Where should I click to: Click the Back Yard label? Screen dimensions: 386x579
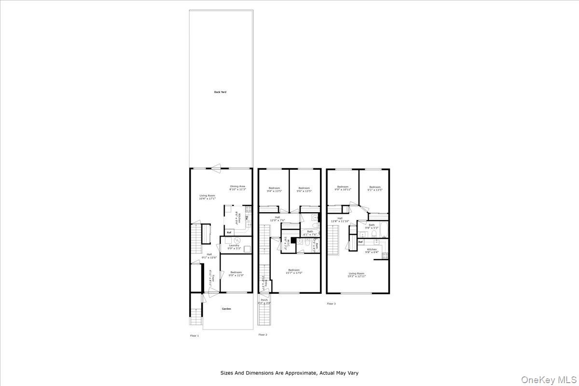(x=220, y=92)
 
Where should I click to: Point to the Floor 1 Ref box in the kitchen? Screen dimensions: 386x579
(x=229, y=232)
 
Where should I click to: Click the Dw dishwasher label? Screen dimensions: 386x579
(x=247, y=218)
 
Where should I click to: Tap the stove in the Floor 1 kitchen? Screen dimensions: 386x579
(x=248, y=209)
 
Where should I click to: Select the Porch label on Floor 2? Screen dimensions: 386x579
(x=264, y=300)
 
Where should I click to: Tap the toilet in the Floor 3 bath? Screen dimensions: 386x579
(x=375, y=234)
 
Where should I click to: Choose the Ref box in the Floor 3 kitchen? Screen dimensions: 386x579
(x=360, y=242)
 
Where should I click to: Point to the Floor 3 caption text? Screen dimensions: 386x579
(x=331, y=303)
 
